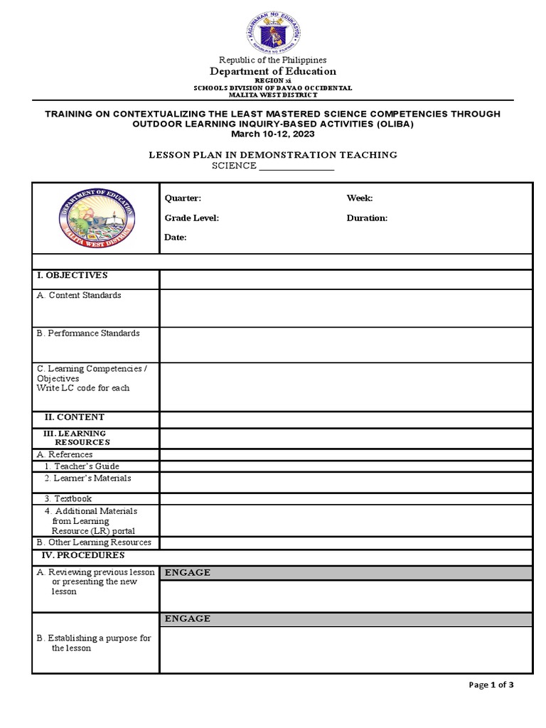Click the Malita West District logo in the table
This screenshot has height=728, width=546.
click(95, 217)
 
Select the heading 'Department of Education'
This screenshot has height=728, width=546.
click(272, 71)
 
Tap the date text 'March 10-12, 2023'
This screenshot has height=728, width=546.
click(273, 134)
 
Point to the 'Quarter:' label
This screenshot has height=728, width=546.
click(183, 198)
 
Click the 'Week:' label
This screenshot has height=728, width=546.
click(360, 198)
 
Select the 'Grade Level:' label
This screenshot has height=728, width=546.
click(192, 218)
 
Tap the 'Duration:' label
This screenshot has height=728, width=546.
click(367, 218)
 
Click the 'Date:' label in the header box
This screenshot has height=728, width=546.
click(176, 237)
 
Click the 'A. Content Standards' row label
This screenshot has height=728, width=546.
click(79, 295)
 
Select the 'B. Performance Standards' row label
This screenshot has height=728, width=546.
click(88, 333)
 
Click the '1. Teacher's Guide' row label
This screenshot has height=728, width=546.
click(82, 466)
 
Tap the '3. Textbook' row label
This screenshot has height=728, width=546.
click(68, 499)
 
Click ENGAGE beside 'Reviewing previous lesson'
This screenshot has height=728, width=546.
click(188, 573)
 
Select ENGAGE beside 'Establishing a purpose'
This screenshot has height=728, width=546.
click(188, 619)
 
